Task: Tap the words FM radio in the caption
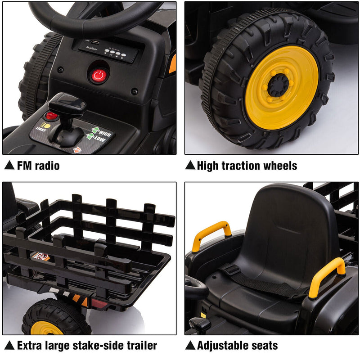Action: click(38, 166)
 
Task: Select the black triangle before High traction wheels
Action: click(190, 166)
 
